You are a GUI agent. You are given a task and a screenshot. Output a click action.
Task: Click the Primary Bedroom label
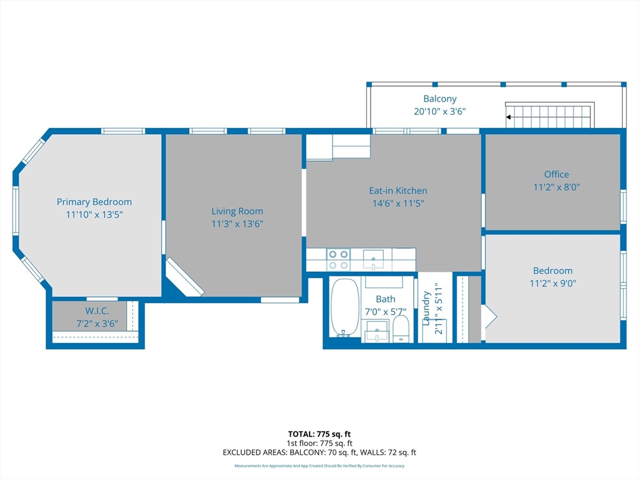coord(94,201)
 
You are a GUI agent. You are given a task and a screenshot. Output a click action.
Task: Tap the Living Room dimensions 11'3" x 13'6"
coord(237,224)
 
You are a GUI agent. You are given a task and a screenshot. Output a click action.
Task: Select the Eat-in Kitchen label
coord(398,191)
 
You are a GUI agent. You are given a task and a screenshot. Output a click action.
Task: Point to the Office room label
coord(556,175)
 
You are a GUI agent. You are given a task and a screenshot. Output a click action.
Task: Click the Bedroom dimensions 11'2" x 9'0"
coord(552,283)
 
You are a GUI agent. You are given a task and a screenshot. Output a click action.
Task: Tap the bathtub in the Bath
coord(344,307)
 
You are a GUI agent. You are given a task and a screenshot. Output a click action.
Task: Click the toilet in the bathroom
coord(401,328)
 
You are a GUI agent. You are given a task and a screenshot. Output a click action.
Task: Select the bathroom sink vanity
coord(376,331)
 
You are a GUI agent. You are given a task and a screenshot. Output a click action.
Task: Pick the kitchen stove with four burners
coord(338,259)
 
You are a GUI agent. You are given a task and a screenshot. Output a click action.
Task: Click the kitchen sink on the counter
coord(374,258)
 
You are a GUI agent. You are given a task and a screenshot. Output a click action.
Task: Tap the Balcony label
coord(440,99)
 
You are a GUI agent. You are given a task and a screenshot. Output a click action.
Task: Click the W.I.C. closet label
coord(97,311)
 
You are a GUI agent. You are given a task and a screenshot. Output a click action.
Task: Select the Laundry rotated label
coord(427,309)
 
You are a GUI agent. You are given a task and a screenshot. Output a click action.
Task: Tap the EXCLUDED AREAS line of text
coord(319,452)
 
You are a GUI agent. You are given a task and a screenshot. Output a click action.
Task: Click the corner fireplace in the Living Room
coord(185,278)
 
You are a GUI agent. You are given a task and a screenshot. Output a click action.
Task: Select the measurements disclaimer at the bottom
coord(319,466)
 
